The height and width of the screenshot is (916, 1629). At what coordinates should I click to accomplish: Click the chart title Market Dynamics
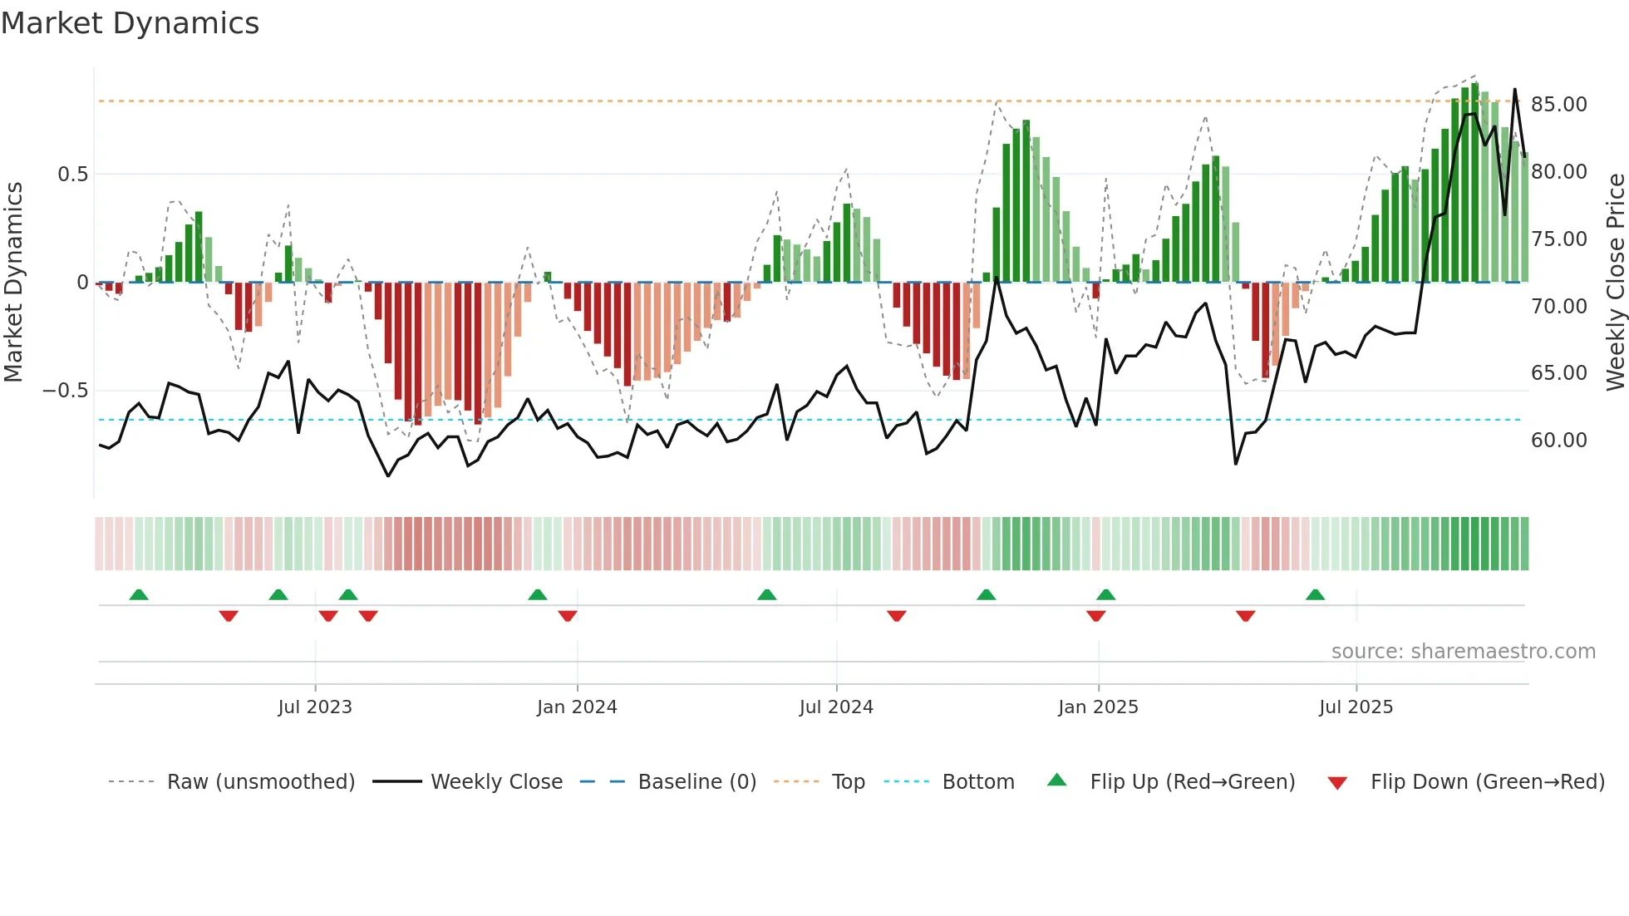[x=130, y=23]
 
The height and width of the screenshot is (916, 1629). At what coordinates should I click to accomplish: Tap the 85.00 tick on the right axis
[x=1558, y=105]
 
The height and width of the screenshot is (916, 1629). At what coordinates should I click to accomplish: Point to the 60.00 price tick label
[x=1558, y=441]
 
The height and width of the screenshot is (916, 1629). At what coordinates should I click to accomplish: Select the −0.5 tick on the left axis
[x=65, y=391]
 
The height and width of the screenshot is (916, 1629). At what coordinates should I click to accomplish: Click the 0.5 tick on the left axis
[x=72, y=175]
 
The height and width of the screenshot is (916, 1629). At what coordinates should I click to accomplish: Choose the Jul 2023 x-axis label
[x=315, y=707]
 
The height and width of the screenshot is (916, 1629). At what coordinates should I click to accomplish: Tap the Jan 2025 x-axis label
[x=1098, y=707]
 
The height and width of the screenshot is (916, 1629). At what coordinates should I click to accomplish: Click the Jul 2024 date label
[x=836, y=707]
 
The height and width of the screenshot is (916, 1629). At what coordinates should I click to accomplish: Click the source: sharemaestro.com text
[x=1463, y=652]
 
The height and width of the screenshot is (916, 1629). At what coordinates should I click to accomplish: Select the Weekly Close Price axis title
[x=1615, y=283]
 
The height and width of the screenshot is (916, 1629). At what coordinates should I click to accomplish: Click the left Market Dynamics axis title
[x=13, y=283]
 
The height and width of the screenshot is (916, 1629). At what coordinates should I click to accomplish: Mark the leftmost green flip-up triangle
[x=139, y=595]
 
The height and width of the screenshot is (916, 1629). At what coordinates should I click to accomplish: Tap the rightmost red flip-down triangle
[x=1245, y=616]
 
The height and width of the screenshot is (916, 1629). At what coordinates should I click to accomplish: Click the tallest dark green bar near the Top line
[x=1474, y=183]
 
